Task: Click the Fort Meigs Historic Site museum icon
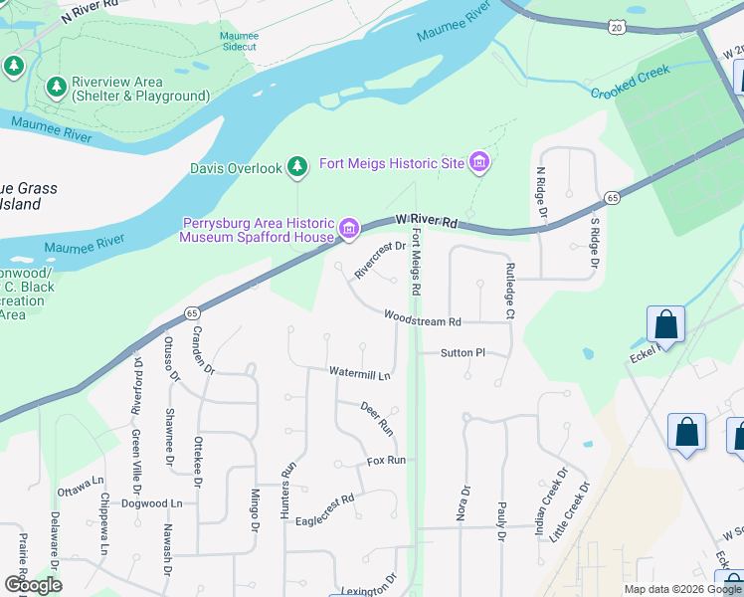(x=479, y=162)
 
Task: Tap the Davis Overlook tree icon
(x=296, y=168)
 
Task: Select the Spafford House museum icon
(x=348, y=230)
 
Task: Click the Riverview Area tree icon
(x=57, y=89)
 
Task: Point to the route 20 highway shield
(x=617, y=27)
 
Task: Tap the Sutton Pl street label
(x=463, y=352)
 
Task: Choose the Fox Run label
(x=386, y=461)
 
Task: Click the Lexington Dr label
(x=370, y=589)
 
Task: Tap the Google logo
(x=33, y=585)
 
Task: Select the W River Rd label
(x=425, y=218)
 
